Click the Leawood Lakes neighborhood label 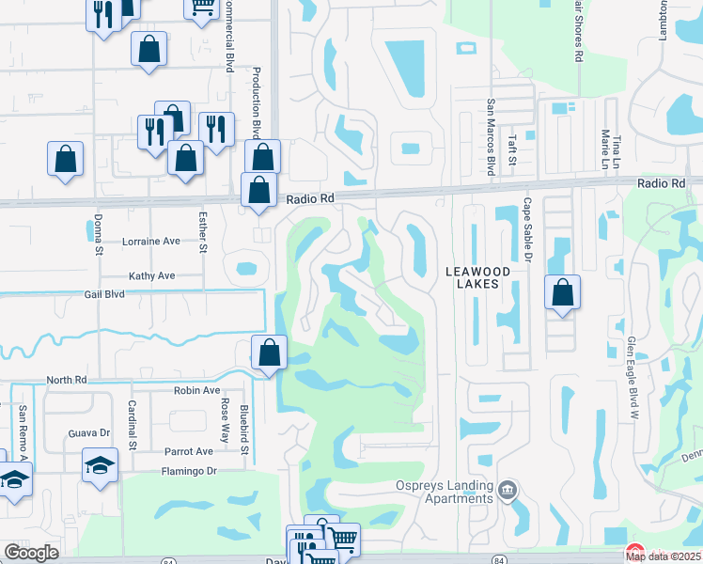click(x=476, y=280)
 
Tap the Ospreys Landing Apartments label click(x=444, y=492)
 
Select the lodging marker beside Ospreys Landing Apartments click(x=508, y=488)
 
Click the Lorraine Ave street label click(x=150, y=242)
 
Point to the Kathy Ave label click(x=152, y=276)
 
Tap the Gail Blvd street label click(x=103, y=294)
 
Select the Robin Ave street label click(x=196, y=390)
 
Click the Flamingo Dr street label click(x=189, y=471)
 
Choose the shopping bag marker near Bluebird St click(x=270, y=353)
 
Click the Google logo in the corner click(x=31, y=553)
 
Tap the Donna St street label click(x=98, y=234)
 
